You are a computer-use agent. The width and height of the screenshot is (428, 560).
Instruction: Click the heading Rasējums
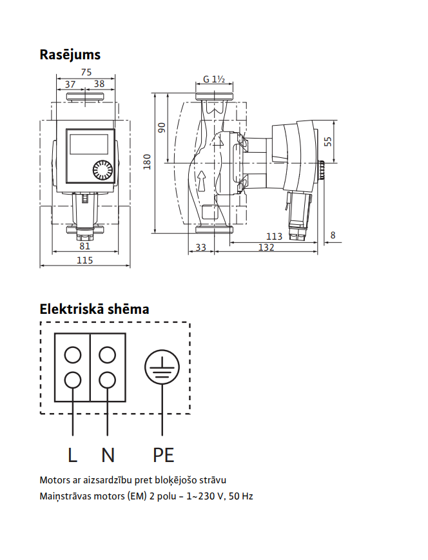[x=70, y=55]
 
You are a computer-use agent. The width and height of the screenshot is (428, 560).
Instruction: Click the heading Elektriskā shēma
[x=94, y=309]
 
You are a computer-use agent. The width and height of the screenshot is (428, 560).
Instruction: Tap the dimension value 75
[x=86, y=72]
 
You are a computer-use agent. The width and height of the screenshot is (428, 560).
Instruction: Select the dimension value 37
[x=70, y=84]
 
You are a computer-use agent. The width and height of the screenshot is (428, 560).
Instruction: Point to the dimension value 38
[x=99, y=84]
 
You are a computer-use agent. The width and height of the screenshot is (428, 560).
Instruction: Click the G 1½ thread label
[x=213, y=79]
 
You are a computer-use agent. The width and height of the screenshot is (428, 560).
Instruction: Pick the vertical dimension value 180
[x=147, y=162]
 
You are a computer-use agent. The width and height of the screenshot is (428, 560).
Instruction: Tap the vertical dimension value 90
[x=162, y=128]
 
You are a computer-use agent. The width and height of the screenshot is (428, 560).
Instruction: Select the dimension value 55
[x=327, y=142]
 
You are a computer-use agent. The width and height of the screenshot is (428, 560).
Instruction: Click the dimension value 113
[x=274, y=237]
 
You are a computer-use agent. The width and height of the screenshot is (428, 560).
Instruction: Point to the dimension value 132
[x=266, y=247]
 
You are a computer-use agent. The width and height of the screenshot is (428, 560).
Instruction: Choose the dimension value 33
[x=200, y=247]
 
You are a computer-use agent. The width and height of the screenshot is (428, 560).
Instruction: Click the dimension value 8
[x=333, y=235]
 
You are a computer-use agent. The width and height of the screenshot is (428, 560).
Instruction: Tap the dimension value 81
[x=84, y=246]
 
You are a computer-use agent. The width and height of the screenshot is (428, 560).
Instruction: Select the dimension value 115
[x=84, y=260]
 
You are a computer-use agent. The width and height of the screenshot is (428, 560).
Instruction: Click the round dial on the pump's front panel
[x=102, y=170]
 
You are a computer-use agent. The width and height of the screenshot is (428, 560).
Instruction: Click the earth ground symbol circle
[x=162, y=367]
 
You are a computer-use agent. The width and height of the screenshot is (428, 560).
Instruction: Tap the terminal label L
[x=73, y=455]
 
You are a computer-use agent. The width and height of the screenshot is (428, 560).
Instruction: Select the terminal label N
[x=108, y=455]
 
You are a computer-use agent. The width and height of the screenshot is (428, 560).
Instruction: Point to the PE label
[x=163, y=455]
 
